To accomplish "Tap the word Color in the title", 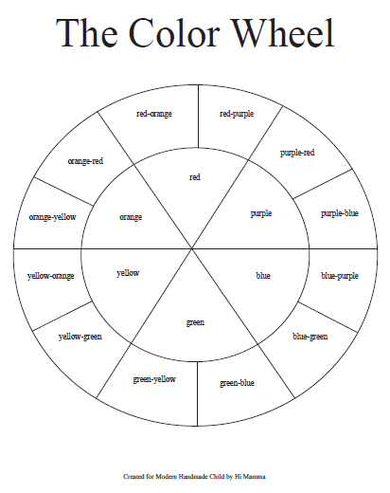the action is pyautogui.click(x=174, y=33).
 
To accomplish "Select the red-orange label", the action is pyautogui.click(x=154, y=114).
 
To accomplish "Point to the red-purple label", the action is pyautogui.click(x=237, y=114).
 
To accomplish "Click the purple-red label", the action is pyautogui.click(x=297, y=153).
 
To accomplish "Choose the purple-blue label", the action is pyautogui.click(x=340, y=213).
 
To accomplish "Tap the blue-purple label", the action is pyautogui.click(x=340, y=276).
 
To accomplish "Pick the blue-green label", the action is pyautogui.click(x=310, y=337).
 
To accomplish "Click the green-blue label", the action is pyautogui.click(x=237, y=383).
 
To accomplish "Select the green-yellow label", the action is pyautogui.click(x=154, y=379).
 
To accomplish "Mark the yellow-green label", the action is pyautogui.click(x=80, y=337).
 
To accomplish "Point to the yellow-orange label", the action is pyautogui.click(x=50, y=276).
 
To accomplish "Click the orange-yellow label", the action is pyautogui.click(x=52, y=217).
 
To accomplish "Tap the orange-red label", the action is pyautogui.click(x=85, y=161).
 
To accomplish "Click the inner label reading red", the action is pyautogui.click(x=195, y=177).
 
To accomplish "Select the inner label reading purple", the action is pyautogui.click(x=261, y=213).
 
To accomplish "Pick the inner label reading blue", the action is pyautogui.click(x=263, y=276).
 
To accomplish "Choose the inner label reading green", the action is pyautogui.click(x=195, y=322).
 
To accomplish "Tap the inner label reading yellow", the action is pyautogui.click(x=128, y=273).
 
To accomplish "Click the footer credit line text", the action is pyautogui.click(x=194, y=477).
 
